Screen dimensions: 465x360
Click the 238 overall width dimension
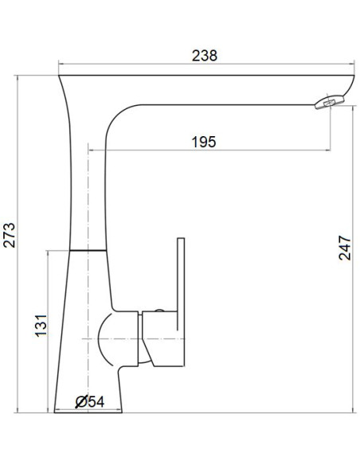(x=205, y=56)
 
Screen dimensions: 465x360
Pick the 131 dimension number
(x=42, y=325)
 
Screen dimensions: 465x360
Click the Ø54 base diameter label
(x=91, y=402)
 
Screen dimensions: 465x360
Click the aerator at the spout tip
(x=329, y=100)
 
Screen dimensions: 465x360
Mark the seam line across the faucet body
(x=88, y=249)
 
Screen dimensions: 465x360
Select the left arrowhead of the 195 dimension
(x=91, y=150)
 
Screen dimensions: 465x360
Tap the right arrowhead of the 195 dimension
(x=327, y=150)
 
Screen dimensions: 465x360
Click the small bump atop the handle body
(x=158, y=309)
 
